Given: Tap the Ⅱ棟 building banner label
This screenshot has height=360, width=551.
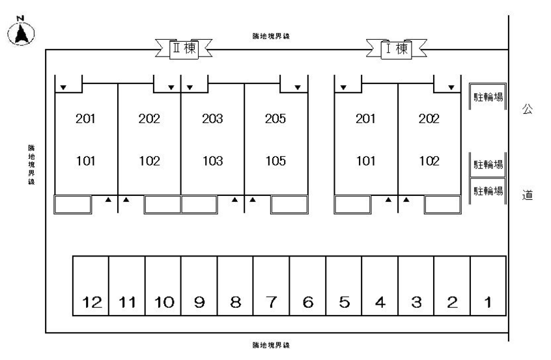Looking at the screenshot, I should (x=183, y=49).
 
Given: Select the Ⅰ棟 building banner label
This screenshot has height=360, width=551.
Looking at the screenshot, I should (x=395, y=49).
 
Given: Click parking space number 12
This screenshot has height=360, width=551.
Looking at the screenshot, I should (x=92, y=302).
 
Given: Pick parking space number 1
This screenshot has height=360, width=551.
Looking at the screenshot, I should (x=488, y=302).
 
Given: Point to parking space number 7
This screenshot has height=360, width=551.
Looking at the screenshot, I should (x=272, y=302).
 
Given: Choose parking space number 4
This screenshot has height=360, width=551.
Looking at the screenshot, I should (x=380, y=302).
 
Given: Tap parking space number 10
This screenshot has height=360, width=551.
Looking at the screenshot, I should (x=163, y=302).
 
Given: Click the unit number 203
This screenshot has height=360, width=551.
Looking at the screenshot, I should (x=213, y=119).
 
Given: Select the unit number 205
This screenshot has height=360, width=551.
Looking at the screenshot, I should (x=276, y=119).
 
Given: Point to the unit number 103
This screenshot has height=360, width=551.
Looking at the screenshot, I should (x=213, y=161).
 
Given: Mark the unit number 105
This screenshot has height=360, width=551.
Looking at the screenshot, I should (x=276, y=161).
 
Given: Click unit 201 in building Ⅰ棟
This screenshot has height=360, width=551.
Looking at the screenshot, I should (x=365, y=119).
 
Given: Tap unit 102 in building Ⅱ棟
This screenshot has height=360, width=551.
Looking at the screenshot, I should (x=150, y=161).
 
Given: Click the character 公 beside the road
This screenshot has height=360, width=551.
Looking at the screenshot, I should (x=528, y=111).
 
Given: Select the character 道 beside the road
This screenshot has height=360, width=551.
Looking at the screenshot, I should (x=528, y=194).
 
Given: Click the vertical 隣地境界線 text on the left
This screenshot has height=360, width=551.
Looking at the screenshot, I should (x=31, y=165).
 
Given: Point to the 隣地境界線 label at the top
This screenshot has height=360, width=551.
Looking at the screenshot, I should (x=271, y=36).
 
